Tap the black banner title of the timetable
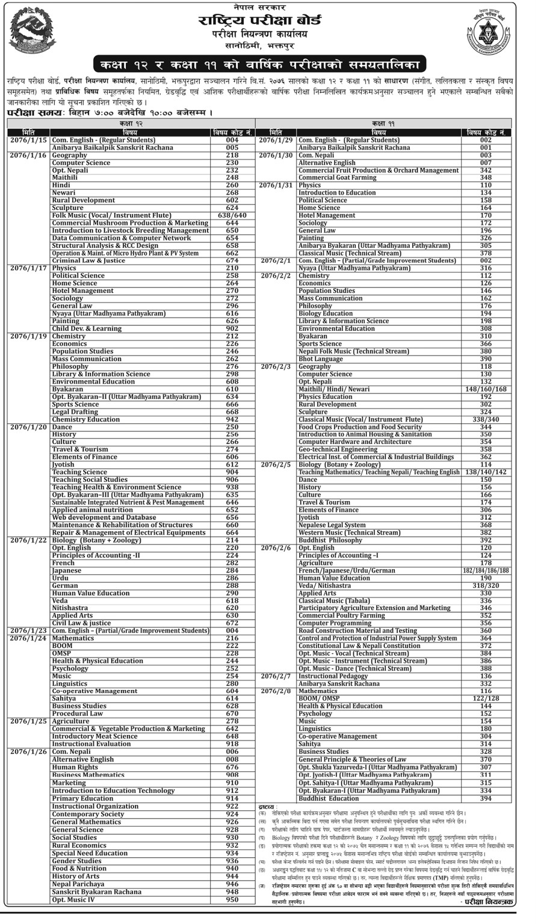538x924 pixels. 260,64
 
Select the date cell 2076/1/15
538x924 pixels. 28,140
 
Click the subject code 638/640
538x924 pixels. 232,215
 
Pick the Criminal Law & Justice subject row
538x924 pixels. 88,260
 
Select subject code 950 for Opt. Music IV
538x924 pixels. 232,900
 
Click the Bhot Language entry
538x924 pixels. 321,359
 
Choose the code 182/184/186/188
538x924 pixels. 486,570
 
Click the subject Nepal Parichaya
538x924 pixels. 78,884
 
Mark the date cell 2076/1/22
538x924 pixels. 28,540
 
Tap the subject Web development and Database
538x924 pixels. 104,517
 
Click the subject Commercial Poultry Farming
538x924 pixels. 341,615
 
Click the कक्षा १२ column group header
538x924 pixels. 130,123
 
